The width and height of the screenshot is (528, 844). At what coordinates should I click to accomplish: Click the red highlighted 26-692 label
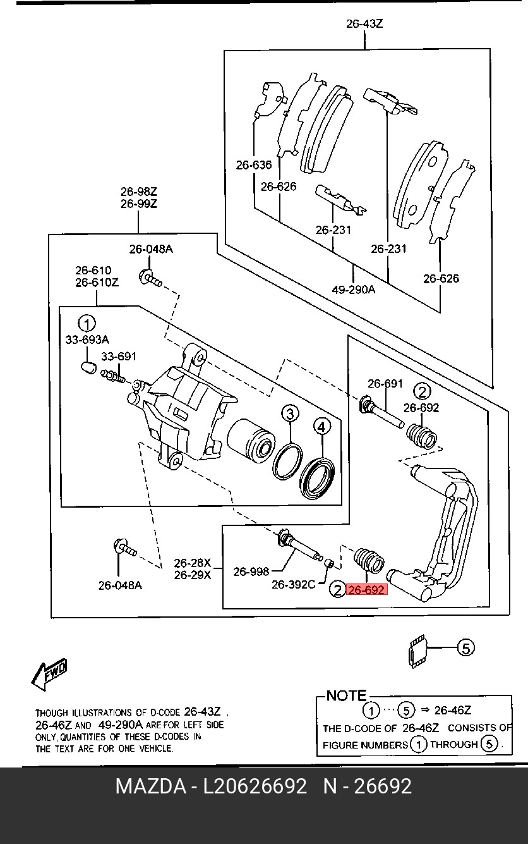click(366, 590)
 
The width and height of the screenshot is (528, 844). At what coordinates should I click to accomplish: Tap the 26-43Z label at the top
click(364, 25)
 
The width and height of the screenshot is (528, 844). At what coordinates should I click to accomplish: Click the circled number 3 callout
click(289, 414)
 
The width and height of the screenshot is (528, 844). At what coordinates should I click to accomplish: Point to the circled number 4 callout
click(321, 427)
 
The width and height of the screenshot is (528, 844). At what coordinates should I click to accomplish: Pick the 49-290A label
click(353, 290)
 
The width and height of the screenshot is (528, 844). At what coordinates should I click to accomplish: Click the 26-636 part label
click(254, 165)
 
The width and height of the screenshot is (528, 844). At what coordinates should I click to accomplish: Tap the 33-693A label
click(87, 339)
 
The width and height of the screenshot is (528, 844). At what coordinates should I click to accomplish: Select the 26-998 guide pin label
click(251, 572)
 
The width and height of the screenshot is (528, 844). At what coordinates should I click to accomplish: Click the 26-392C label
click(293, 585)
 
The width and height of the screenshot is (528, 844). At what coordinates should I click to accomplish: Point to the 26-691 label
click(385, 383)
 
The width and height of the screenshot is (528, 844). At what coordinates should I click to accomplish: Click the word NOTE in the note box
click(346, 695)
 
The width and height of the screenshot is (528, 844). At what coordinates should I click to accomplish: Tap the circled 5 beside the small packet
click(465, 647)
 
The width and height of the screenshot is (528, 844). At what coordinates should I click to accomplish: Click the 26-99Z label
click(138, 204)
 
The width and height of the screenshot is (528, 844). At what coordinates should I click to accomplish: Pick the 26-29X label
click(193, 575)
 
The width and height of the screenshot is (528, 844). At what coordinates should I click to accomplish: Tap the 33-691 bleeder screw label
click(119, 357)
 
